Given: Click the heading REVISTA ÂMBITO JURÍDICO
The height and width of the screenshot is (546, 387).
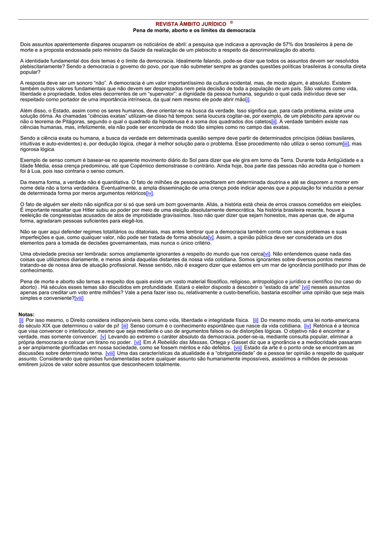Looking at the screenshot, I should point(191,25).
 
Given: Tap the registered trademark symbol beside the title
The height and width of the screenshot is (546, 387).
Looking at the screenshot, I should point(232,23).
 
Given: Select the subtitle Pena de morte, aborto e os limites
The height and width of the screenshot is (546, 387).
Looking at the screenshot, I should point(194,30).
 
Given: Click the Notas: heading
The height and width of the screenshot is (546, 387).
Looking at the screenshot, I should point(26,315).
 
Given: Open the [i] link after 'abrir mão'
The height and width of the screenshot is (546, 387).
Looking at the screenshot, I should point(247,100).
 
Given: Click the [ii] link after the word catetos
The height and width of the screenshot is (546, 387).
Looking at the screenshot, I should point(274,121).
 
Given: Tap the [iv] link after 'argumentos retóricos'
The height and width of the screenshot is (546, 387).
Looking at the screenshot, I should point(149,193).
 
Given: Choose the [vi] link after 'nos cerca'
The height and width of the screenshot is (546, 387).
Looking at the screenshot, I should point(267,254).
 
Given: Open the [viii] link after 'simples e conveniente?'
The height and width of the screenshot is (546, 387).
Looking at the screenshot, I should point(79,298).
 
